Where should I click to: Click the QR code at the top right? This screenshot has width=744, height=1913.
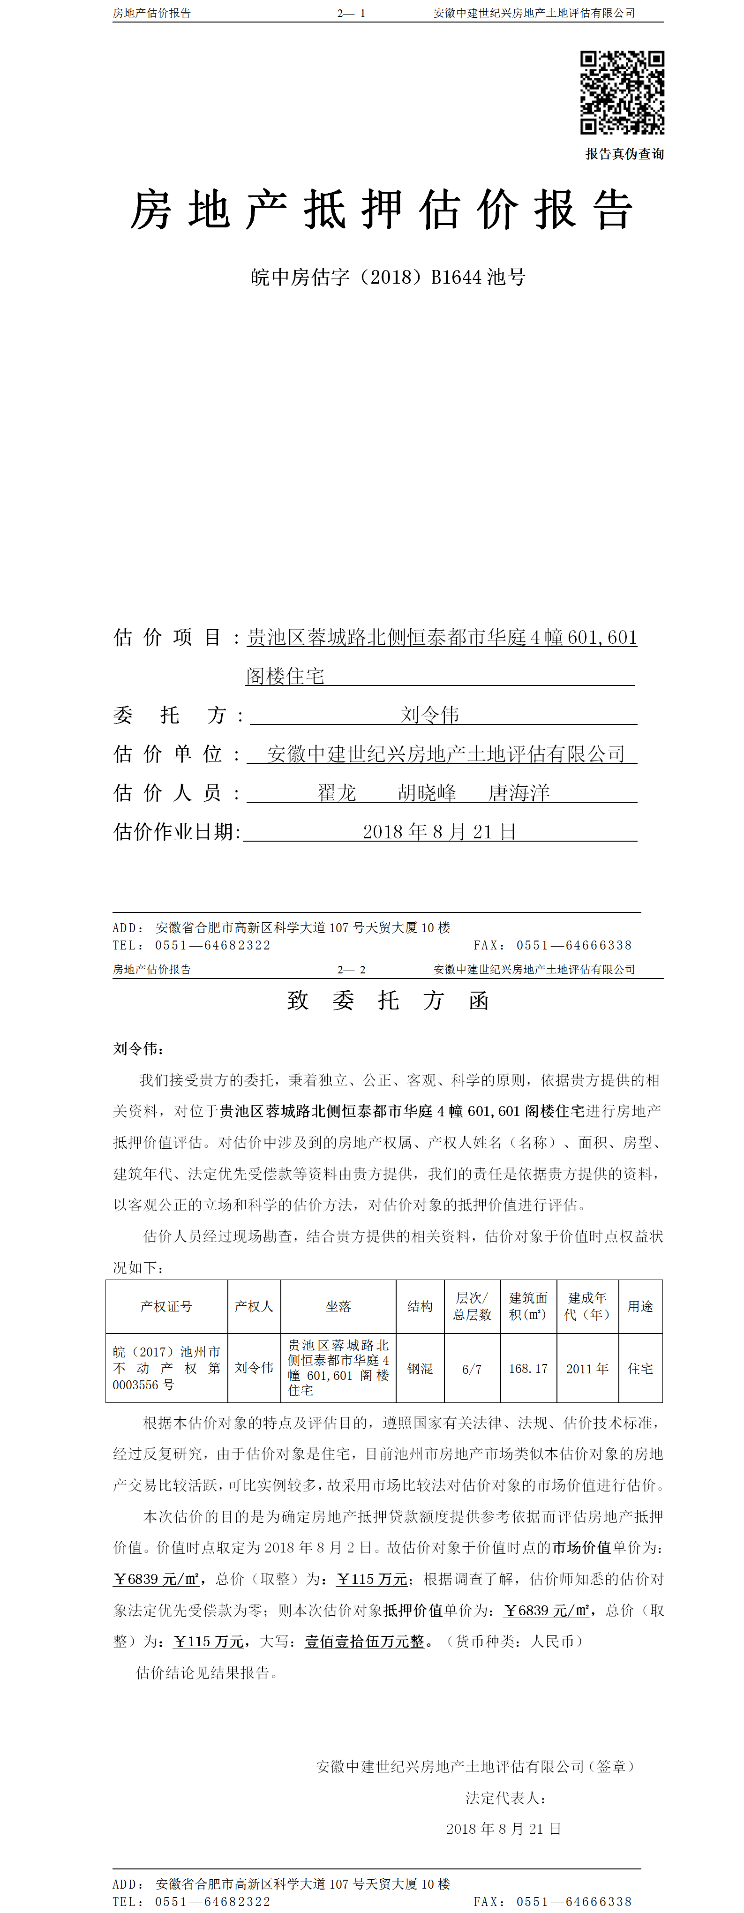[622, 93]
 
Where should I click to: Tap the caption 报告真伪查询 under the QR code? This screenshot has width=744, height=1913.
[624, 154]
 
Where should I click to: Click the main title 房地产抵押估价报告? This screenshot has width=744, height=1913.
[382, 210]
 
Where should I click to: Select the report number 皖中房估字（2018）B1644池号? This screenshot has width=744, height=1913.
[388, 277]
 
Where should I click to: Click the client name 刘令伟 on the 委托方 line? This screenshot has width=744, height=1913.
[430, 715]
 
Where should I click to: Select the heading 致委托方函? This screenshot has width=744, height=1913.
[388, 1000]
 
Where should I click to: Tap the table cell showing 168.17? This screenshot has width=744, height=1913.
[528, 1368]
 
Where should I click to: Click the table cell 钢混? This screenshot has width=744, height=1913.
[420, 1368]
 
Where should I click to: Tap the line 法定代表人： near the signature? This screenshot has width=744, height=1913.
[506, 1798]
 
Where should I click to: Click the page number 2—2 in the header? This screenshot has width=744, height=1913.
[351, 969]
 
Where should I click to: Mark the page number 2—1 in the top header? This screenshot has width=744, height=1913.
[351, 13]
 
